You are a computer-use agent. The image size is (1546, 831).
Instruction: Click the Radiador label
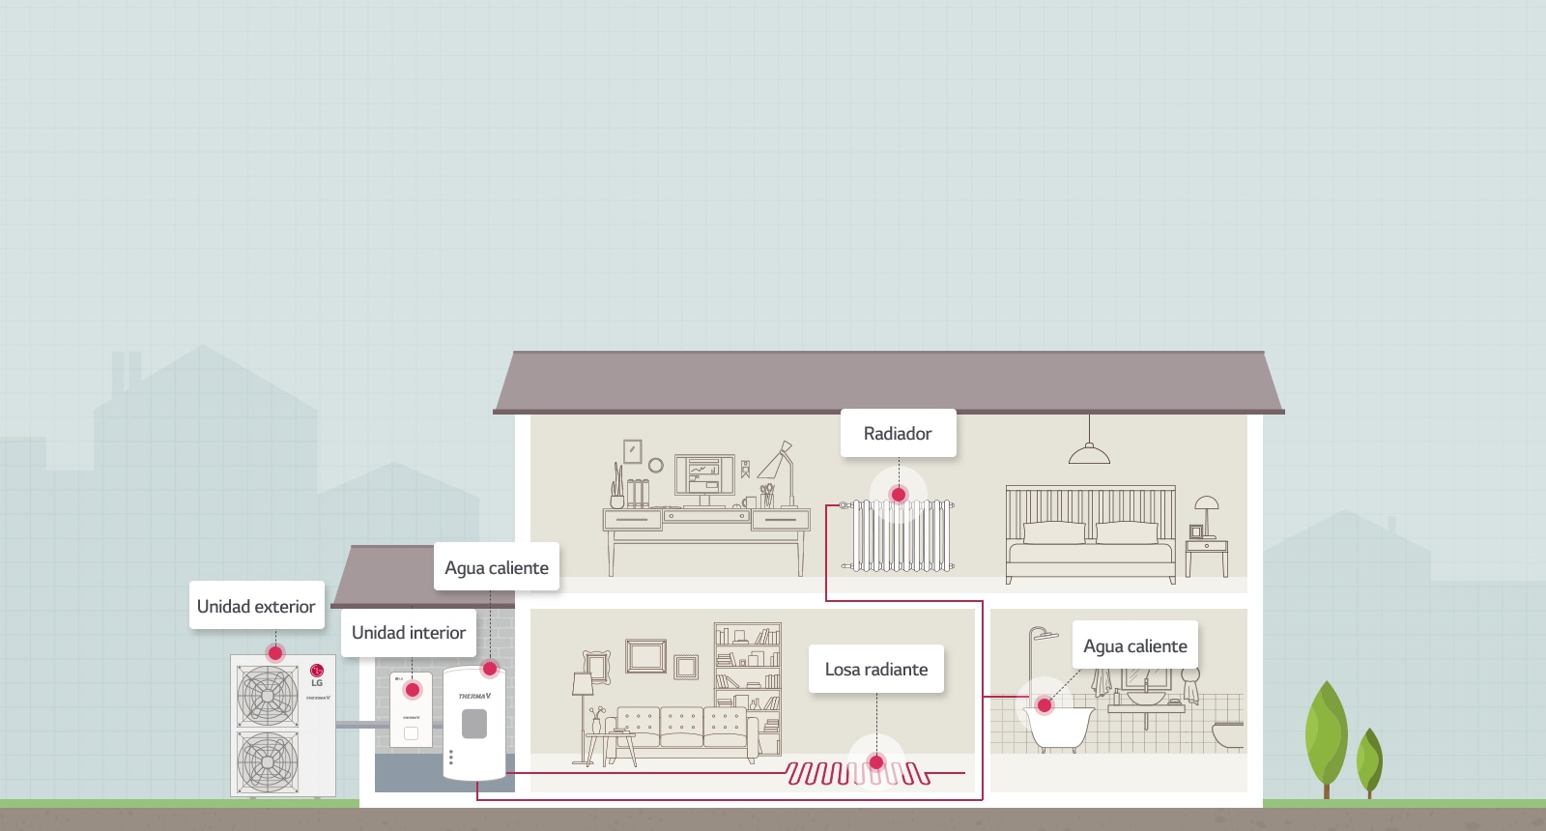pos(898,434)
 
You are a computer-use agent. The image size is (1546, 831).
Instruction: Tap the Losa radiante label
pos(876,670)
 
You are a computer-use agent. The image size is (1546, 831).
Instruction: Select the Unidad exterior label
pos(256,607)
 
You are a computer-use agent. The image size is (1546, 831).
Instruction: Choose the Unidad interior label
pos(409,633)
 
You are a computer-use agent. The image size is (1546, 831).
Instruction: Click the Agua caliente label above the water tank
pos(497,568)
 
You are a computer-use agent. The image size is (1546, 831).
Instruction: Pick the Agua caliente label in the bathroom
pos(1135,646)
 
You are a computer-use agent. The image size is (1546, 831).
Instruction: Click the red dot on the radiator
pos(899,495)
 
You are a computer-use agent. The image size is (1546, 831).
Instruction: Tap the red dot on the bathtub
pos(1044,705)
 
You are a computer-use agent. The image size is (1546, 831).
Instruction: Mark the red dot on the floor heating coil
pos(876,762)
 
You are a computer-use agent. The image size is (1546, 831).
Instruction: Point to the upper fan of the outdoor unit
pos(268,696)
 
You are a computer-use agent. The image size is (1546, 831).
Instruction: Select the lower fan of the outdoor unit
pos(268,761)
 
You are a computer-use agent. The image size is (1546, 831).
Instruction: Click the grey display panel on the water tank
pos(474,724)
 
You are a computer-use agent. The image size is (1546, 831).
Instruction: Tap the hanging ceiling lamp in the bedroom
pos(1089,452)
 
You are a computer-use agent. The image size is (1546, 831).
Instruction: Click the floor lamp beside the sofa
pos(583,696)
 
